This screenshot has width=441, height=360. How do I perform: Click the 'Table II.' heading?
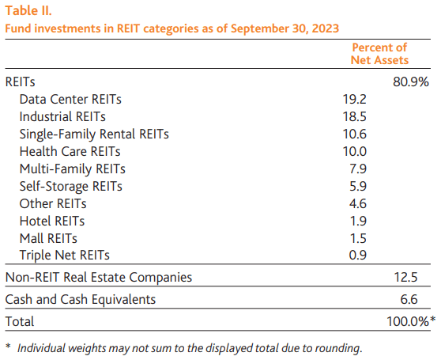31,12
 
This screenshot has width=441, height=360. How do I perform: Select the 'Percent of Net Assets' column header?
379,54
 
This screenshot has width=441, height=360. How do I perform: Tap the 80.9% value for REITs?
411,82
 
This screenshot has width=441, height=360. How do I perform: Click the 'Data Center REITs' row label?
70,100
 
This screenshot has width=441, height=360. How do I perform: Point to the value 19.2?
356,100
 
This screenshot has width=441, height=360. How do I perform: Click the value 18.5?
356,117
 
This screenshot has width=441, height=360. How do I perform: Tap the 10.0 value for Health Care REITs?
356,151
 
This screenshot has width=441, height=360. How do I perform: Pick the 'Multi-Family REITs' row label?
72,169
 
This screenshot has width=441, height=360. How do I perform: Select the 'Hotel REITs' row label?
52,221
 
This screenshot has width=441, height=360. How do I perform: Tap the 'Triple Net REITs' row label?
65,255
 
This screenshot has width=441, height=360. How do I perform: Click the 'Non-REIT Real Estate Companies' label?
99,277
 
